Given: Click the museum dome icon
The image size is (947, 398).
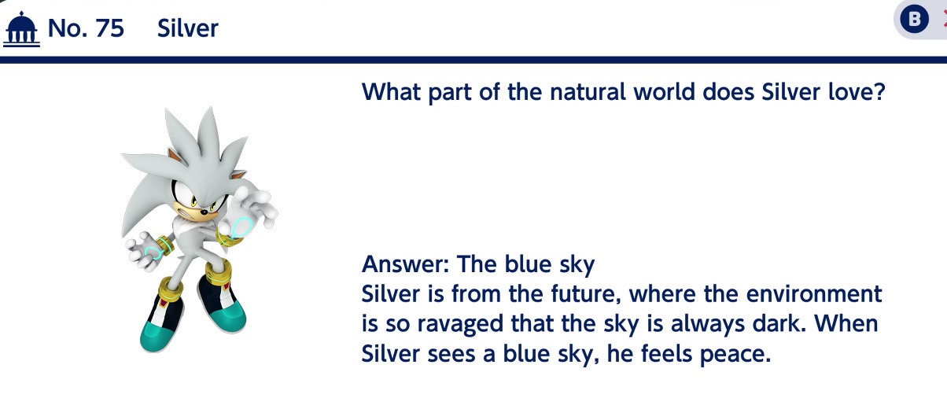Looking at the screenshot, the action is (x=21, y=29).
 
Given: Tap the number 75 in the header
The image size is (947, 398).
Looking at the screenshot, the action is (x=109, y=28).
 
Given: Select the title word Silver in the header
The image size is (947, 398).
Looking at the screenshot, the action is (x=188, y=28).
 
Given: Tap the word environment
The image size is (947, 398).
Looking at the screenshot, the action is (x=814, y=294).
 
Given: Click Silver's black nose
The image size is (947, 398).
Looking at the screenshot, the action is (x=204, y=212).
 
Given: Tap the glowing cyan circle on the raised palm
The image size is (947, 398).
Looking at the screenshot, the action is (x=241, y=227).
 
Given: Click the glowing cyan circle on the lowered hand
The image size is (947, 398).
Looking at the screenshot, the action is (x=153, y=253).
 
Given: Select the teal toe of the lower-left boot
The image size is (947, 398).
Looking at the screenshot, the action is (x=156, y=337).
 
